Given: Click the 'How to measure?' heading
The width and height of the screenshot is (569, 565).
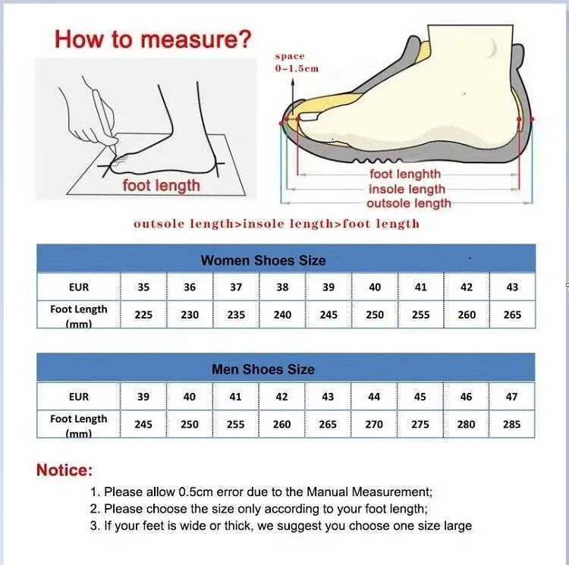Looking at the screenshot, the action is click(152, 39).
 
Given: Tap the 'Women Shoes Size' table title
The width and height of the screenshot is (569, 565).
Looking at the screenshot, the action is click(263, 260).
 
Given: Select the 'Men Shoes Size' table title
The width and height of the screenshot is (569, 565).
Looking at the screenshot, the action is click(263, 369).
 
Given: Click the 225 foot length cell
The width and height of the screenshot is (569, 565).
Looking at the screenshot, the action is click(143, 315).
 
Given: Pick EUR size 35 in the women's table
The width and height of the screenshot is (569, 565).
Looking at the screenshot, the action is click(143, 287).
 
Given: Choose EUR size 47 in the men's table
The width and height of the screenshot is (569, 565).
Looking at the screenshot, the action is click(511, 397).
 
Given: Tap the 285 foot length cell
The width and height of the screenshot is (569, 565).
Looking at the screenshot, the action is click(511, 424).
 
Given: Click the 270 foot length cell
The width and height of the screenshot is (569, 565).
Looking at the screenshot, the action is click(374, 424).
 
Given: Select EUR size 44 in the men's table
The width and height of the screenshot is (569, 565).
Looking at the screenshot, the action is click(374, 397).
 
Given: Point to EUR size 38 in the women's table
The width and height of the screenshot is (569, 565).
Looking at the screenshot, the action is click(282, 287).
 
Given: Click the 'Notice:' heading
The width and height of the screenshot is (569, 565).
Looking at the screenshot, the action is click(64, 470).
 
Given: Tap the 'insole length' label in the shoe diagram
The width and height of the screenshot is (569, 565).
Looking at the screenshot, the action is click(407, 189).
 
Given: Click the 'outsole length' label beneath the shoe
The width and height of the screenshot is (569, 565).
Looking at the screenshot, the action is click(409, 203).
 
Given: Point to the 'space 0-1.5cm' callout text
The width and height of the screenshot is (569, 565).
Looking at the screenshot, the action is click(297, 62).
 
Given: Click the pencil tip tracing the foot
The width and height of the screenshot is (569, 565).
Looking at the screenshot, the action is click(115, 153).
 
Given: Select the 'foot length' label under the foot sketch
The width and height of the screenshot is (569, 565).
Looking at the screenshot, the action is click(161, 185).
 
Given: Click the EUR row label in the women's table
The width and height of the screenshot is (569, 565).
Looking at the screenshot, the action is click(79, 287).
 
